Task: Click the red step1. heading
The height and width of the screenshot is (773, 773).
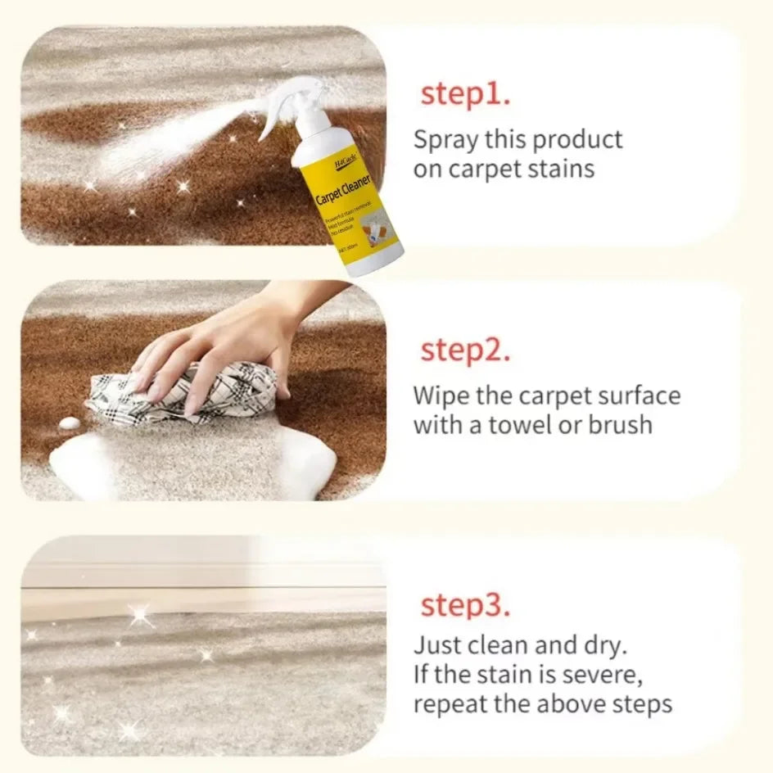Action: (465, 94)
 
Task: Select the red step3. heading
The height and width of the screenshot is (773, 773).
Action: (465, 606)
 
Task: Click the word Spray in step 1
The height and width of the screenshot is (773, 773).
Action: (446, 140)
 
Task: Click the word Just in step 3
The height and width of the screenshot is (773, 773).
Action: (437, 644)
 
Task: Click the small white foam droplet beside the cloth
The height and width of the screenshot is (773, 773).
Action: (70, 423)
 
